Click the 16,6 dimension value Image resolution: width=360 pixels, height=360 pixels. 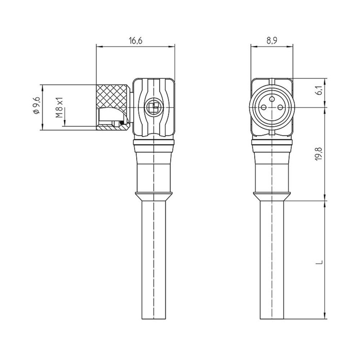click(136, 41)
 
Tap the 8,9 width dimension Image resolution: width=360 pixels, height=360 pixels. click(272, 41)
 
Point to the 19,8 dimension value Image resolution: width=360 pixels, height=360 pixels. click(321, 154)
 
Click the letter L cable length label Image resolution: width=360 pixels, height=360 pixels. click(321, 262)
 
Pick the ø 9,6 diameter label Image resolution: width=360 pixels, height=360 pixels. click(37, 105)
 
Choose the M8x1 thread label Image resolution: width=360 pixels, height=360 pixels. click(59, 107)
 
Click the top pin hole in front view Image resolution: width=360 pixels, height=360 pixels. click(272, 99)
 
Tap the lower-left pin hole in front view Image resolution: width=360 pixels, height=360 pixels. click(264, 107)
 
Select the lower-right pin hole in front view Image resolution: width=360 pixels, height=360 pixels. click(280, 107)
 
